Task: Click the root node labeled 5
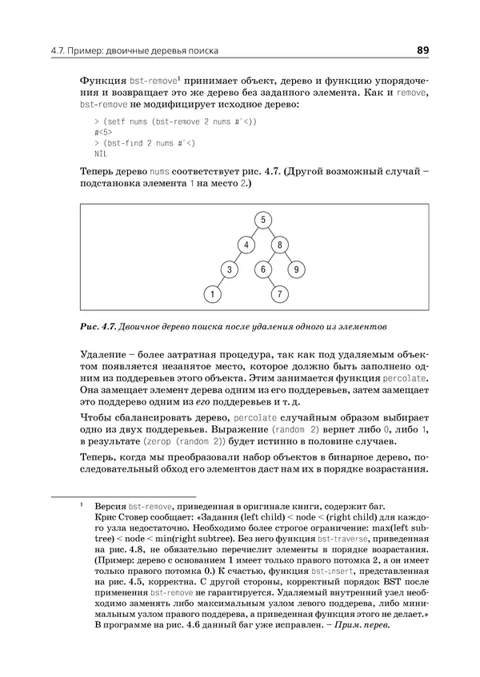point(260,219)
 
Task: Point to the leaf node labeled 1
point(212,295)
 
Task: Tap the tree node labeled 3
point(229,269)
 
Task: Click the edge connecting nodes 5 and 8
point(269,232)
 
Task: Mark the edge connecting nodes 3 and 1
point(221,282)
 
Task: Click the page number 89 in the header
point(423,52)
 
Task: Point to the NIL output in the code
point(100,153)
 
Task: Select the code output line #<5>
point(102,132)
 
